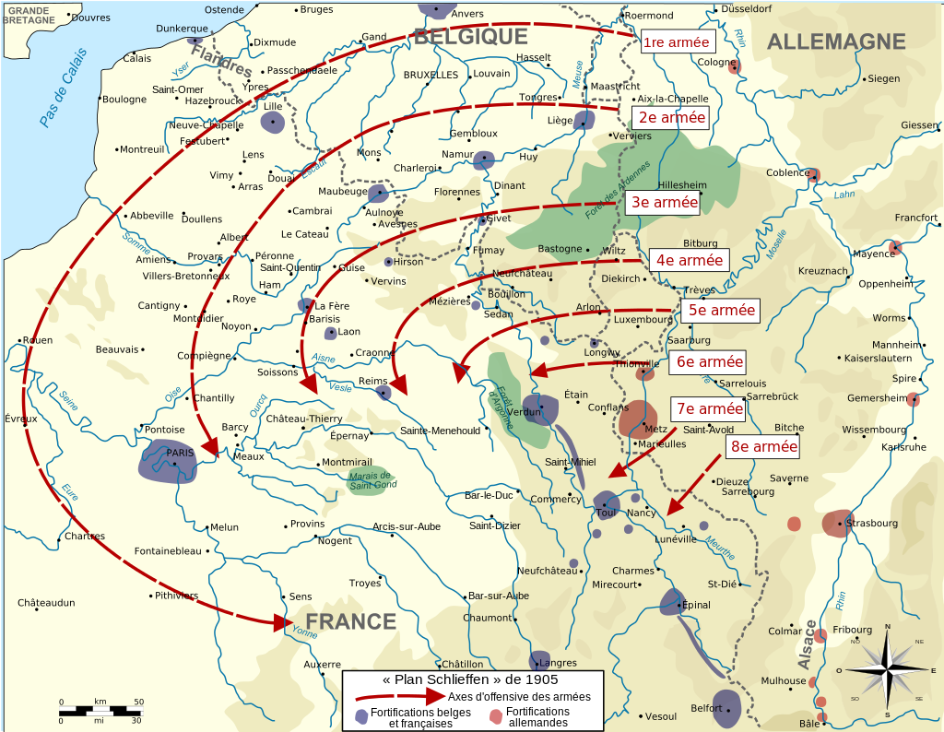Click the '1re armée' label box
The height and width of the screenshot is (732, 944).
[x=676, y=42]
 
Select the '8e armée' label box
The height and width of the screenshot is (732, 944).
[x=763, y=447]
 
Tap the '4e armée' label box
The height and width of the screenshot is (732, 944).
[x=690, y=261]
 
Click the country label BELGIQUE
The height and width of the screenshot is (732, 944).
[x=470, y=36]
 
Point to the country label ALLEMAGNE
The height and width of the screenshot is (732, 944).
[x=836, y=41]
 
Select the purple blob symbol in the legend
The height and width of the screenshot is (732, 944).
[x=361, y=716]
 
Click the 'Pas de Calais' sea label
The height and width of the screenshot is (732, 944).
[x=64, y=92]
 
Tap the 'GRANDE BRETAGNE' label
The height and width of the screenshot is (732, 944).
[x=29, y=15]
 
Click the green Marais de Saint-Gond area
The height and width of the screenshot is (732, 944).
[x=368, y=480]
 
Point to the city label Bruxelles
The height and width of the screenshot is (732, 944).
[x=431, y=75]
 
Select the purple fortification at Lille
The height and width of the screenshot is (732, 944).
[x=272, y=122]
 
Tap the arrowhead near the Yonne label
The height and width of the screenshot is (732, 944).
[x=281, y=623]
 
